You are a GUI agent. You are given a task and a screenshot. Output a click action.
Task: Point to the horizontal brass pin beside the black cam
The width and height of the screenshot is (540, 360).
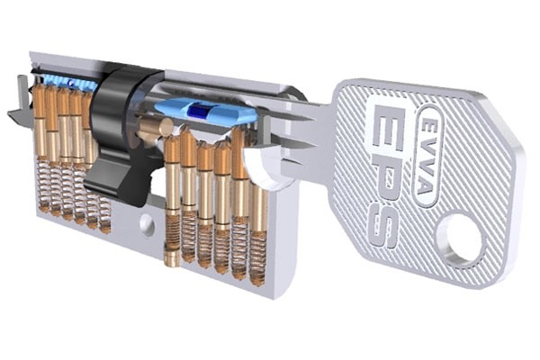pyautogui.click(x=149, y=134)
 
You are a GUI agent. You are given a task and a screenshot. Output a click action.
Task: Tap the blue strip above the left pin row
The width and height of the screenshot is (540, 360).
pyautogui.click(x=67, y=82)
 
